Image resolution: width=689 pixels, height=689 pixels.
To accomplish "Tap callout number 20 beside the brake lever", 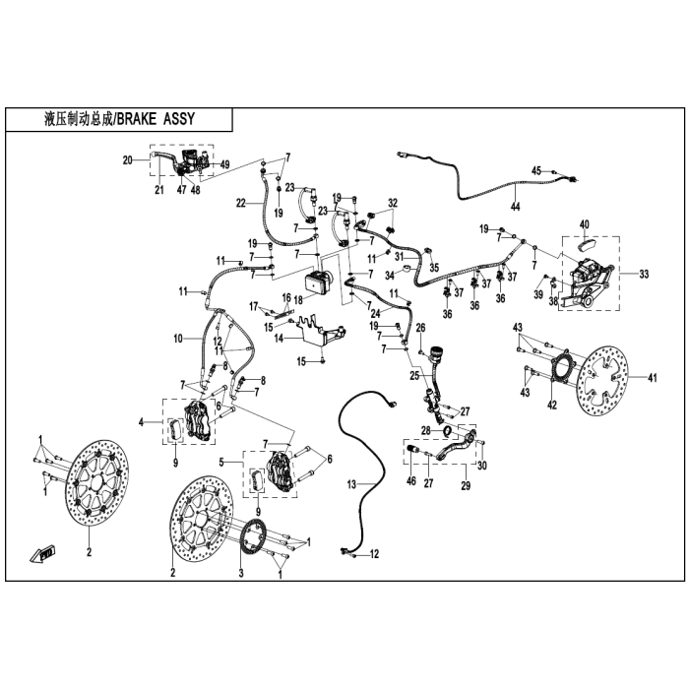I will coord(128,159).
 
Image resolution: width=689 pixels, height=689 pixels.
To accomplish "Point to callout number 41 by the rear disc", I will coord(651,379).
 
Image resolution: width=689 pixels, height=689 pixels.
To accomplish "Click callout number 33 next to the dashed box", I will coord(644,273).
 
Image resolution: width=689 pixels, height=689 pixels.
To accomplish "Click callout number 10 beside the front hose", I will coord(179,338).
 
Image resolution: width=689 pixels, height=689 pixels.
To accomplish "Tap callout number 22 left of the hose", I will coord(240,204).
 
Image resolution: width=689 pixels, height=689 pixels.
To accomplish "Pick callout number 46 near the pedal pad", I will coord(411,479).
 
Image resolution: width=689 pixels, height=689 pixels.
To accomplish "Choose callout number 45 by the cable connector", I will coord(536,171).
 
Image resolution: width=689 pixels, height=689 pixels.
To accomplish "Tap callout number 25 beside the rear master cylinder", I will coord(415,375).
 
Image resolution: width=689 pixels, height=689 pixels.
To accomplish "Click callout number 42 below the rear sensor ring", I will coord(553,404).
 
